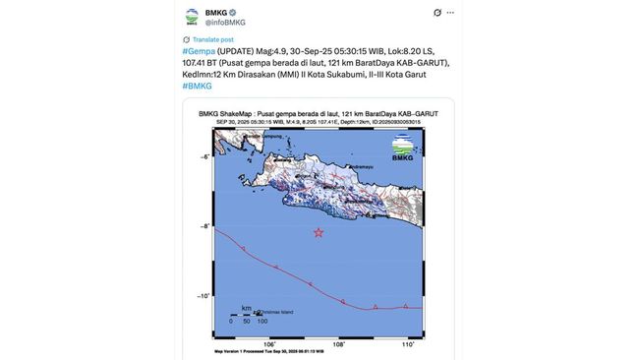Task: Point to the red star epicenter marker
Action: point(319,232)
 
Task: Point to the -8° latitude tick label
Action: point(205,225)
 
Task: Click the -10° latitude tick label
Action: point(204,295)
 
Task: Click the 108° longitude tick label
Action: point(338,344)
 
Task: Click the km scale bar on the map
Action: point(247,315)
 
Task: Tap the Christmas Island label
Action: point(276,312)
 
